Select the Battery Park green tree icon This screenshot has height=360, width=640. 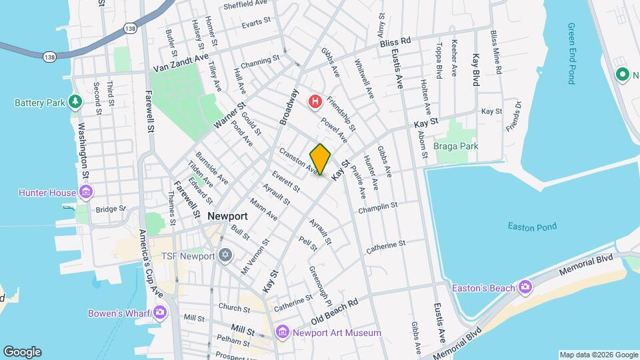tap(75, 102)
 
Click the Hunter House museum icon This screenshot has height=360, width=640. tap(85, 193)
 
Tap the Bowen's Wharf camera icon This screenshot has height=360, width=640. tap(159, 312)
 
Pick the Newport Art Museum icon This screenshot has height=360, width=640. tap(282, 332)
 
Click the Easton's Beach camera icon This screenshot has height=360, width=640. tap(525, 287)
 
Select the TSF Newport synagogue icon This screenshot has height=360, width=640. tap(225, 256)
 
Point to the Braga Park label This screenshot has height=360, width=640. tap(475, 146)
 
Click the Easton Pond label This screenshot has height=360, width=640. tap(531, 227)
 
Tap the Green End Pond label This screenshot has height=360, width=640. tap(571, 53)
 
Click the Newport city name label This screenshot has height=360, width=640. tap(227, 216)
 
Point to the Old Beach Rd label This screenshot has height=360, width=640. tap(334, 310)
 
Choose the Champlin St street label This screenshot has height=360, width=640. tap(377, 207)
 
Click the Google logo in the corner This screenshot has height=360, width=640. tap(22, 352)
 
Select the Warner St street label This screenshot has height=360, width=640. tap(230, 115)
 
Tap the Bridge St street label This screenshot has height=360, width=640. tap(110, 209)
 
